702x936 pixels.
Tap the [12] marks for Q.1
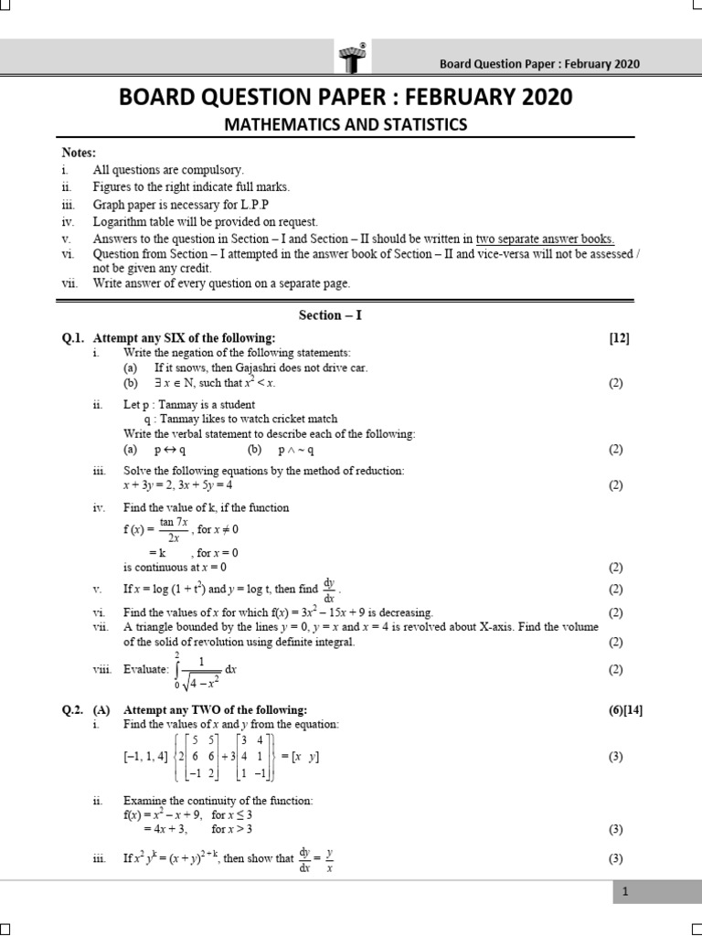coord(619,338)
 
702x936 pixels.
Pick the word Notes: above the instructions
coord(78,153)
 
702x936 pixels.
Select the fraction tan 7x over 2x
coord(173,529)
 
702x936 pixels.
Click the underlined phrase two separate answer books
coord(545,239)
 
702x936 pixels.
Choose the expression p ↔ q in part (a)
coord(170,450)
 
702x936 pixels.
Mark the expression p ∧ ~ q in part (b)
coord(297,450)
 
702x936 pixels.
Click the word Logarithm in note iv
coord(121,221)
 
